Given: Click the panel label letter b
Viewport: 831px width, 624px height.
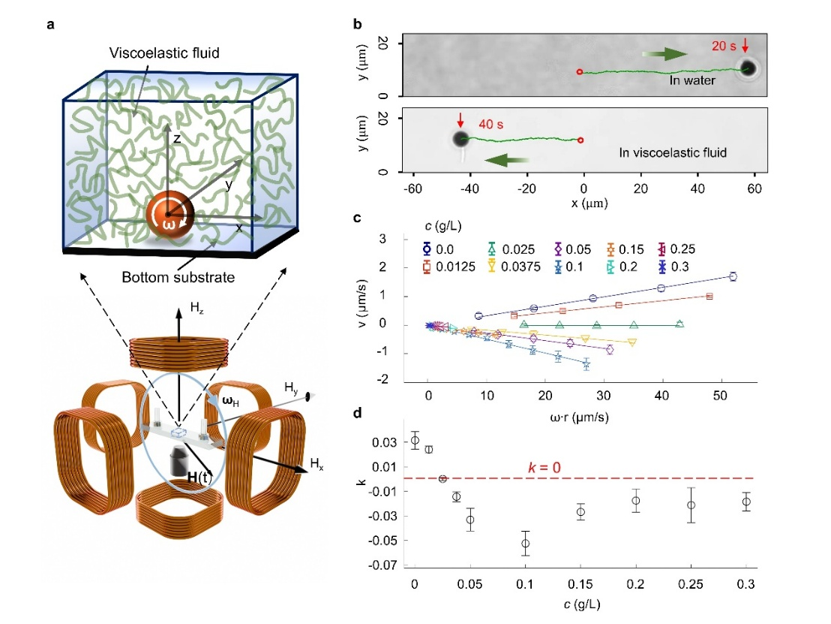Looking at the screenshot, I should (358, 23).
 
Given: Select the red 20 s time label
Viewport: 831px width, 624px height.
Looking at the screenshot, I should (723, 46).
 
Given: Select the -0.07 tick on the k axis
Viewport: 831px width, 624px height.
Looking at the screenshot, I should (388, 565).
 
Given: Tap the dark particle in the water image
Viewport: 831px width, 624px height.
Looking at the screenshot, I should (748, 69).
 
